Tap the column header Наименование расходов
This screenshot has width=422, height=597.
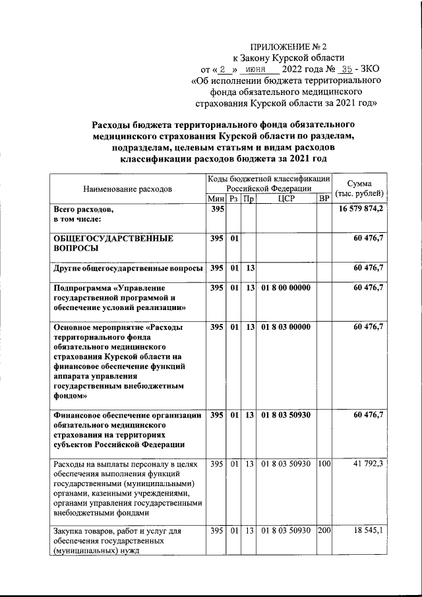[127, 189]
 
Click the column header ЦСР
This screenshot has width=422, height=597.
[286, 199]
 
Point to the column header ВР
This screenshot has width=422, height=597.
[324, 199]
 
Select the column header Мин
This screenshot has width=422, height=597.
[216, 199]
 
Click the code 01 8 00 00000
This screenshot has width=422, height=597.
[286, 288]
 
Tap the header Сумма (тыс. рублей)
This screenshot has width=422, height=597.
[361, 188]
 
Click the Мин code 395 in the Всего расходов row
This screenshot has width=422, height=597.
[216, 209]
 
